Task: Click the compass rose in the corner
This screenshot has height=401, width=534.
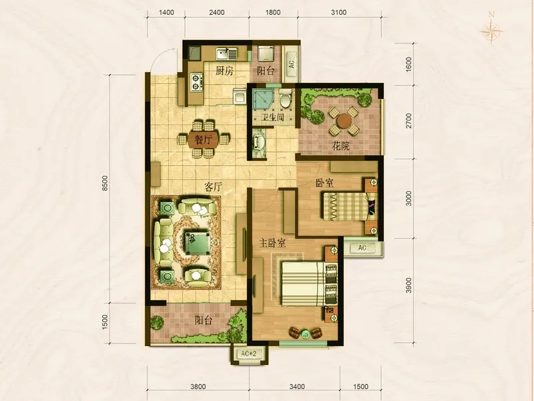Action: [x=491, y=30]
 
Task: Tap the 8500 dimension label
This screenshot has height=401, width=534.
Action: [x=105, y=183]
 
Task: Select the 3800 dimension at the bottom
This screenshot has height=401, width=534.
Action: [x=198, y=386]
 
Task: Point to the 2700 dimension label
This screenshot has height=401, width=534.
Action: [x=409, y=121]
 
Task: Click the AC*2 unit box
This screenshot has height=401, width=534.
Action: [x=248, y=354]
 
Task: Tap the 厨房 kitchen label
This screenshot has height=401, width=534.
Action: [x=224, y=71]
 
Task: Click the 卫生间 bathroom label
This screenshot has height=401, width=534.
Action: [x=272, y=118]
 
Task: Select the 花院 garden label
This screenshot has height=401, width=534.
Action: [x=340, y=146]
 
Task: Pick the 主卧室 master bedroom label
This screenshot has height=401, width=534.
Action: [x=272, y=243]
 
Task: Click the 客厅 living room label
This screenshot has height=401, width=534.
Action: [x=213, y=187]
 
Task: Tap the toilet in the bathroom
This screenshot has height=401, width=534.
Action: [x=285, y=98]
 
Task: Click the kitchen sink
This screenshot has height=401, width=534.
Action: [x=226, y=54]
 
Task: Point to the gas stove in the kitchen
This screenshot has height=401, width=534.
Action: [x=196, y=82]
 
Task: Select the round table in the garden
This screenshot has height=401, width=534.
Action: [x=344, y=120]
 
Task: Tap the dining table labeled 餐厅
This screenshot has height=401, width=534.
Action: [x=203, y=139]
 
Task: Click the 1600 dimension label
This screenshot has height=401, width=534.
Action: [x=409, y=63]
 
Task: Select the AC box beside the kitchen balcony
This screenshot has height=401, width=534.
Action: [x=292, y=63]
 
